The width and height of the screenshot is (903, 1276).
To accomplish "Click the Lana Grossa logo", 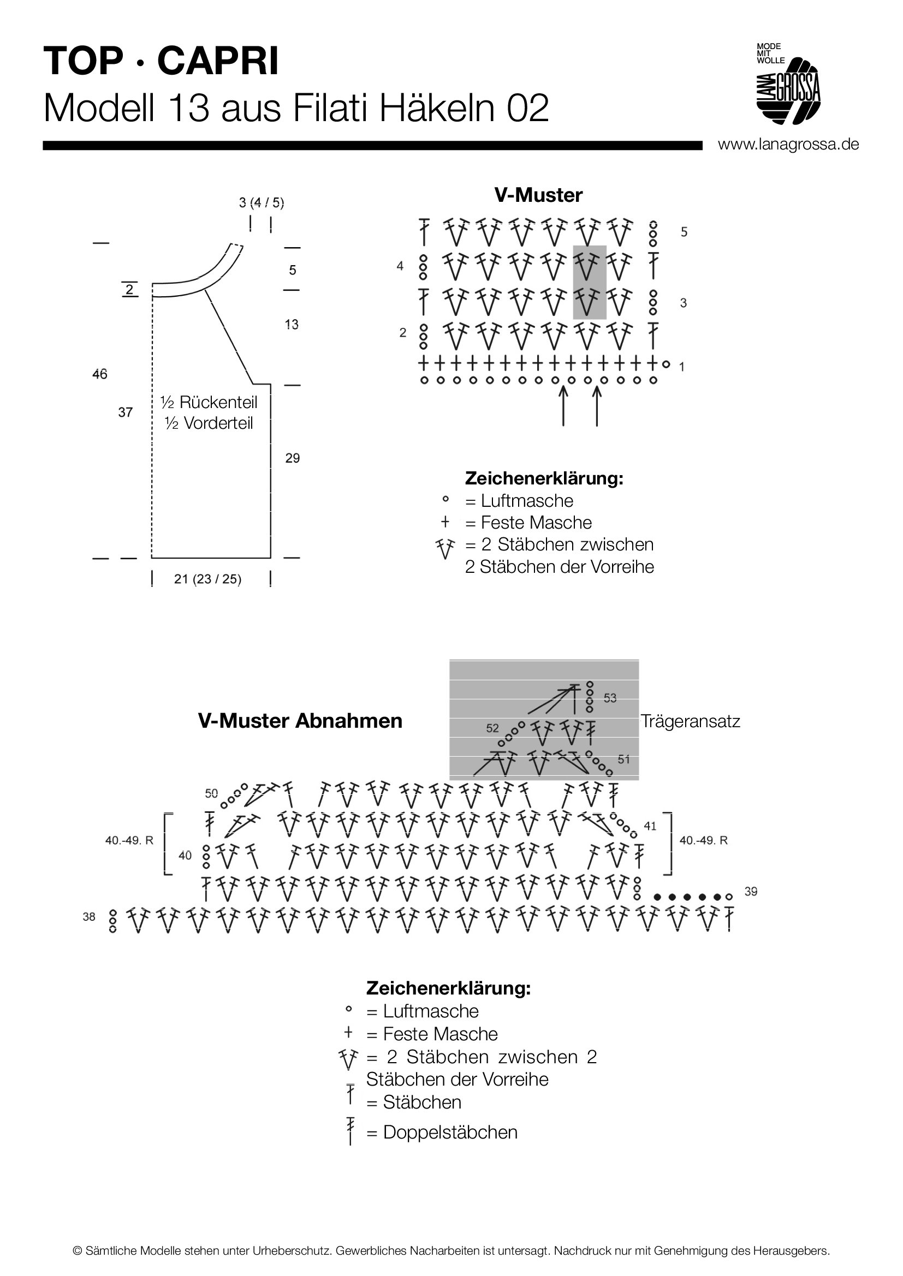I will [x=788, y=83].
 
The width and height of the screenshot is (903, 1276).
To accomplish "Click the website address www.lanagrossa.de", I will [x=788, y=145].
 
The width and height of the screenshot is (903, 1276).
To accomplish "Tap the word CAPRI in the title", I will [x=218, y=61].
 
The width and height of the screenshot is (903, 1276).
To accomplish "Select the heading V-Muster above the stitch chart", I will [x=538, y=195].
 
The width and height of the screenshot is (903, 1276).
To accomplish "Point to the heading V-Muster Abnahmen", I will [x=300, y=721].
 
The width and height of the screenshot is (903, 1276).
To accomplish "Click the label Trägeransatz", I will [x=690, y=721].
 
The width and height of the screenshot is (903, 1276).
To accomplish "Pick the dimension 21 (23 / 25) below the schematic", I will [x=207, y=579].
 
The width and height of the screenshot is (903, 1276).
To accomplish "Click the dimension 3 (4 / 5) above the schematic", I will [x=262, y=202].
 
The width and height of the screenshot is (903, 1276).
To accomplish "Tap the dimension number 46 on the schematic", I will [x=99, y=374].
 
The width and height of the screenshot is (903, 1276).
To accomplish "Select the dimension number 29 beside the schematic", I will [x=293, y=458].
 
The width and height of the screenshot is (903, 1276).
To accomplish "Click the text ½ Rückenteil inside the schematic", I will [x=209, y=402].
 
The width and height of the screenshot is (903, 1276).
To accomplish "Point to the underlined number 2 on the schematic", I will [x=129, y=290].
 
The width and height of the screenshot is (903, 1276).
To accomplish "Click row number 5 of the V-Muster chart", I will [x=684, y=232].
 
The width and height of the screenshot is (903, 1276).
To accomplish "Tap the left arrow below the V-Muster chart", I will [x=563, y=406].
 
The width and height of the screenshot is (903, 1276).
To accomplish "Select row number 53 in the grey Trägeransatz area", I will [x=610, y=698].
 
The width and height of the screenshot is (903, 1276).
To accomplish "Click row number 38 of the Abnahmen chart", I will [x=89, y=916].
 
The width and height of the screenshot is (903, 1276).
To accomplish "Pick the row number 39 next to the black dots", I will [x=751, y=891].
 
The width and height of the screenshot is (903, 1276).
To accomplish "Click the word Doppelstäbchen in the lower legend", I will [x=450, y=1132].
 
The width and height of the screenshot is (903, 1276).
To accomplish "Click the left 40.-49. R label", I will [x=129, y=840].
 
